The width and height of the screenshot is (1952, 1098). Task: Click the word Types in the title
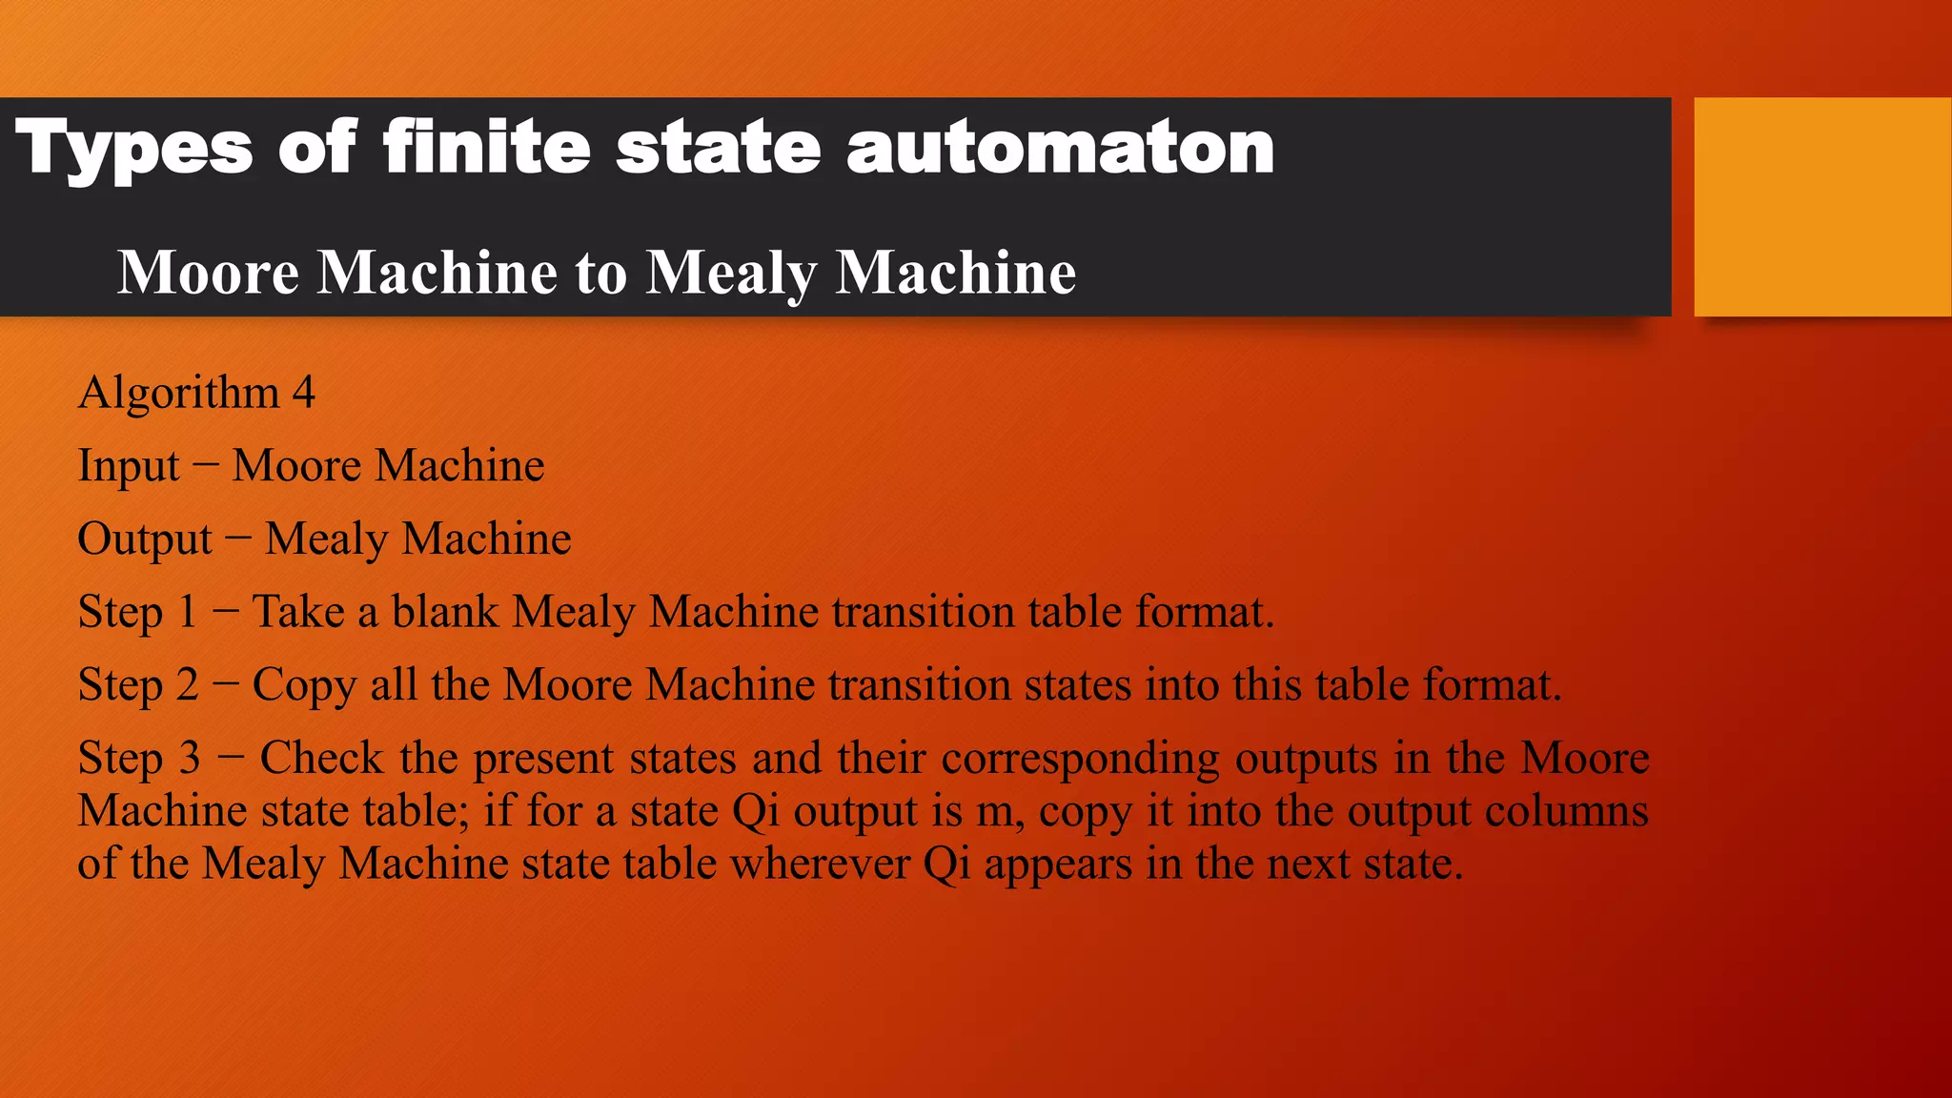(x=134, y=149)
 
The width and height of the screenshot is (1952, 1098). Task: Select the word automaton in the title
(x=1060, y=149)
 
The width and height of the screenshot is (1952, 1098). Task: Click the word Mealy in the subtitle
(x=731, y=274)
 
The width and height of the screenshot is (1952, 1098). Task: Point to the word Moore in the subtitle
(x=208, y=273)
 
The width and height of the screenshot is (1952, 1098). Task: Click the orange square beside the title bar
(x=1822, y=206)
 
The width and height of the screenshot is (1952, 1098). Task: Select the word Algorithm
(x=178, y=393)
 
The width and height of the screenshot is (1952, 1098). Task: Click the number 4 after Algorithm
(x=303, y=393)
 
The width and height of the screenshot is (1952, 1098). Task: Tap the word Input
(x=128, y=466)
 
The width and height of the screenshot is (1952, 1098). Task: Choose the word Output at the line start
(x=144, y=539)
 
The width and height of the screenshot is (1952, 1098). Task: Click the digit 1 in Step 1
(x=187, y=612)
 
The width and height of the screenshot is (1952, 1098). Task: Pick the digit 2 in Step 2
(x=187, y=685)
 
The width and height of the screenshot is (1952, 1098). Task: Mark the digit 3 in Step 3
(x=189, y=759)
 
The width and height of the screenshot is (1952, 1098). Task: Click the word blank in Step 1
(x=445, y=612)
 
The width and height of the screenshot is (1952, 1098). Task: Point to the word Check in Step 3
(x=321, y=759)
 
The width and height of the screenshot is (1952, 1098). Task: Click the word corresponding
(x=1080, y=760)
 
